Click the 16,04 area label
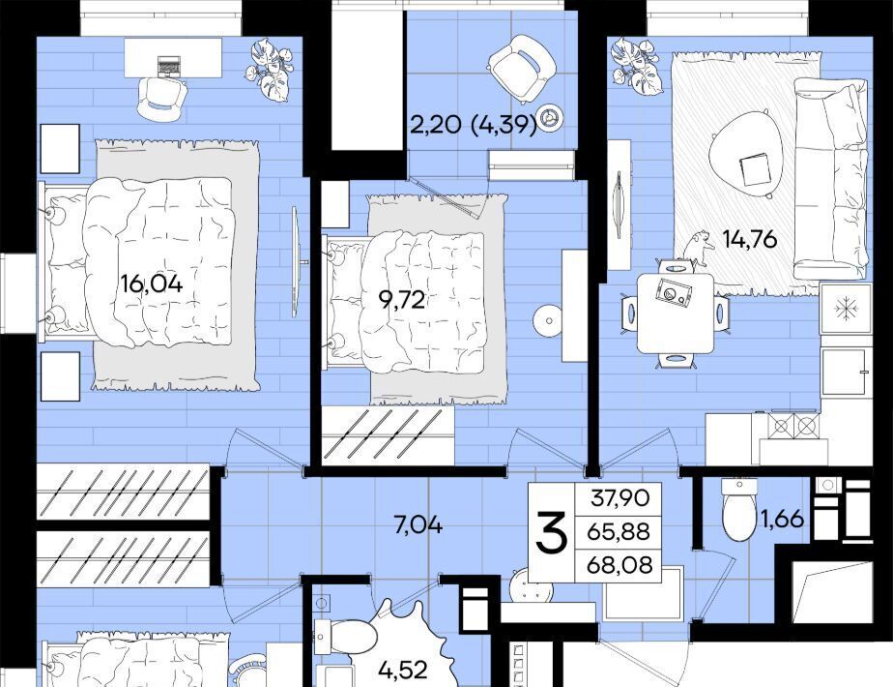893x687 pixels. pyautogui.click(x=152, y=284)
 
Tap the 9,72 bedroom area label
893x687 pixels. pyautogui.click(x=402, y=299)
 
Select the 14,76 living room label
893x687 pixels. pyautogui.click(x=750, y=239)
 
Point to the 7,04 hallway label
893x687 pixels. pyautogui.click(x=418, y=524)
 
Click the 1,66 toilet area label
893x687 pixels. pyautogui.click(x=783, y=519)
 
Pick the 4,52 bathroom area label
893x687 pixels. pyautogui.click(x=403, y=670)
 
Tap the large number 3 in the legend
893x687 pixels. pyautogui.click(x=551, y=532)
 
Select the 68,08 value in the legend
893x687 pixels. pyautogui.click(x=619, y=565)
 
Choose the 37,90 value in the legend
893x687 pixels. pyautogui.click(x=620, y=497)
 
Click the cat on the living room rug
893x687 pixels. pyautogui.click(x=698, y=249)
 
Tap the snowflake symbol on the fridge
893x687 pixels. pyautogui.click(x=846, y=309)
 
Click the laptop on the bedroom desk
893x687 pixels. pyautogui.click(x=167, y=66)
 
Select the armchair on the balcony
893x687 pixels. pyautogui.click(x=521, y=66)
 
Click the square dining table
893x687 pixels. pyautogui.click(x=676, y=313)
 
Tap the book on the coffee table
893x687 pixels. pyautogui.click(x=754, y=169)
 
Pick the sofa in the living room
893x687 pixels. pyautogui.click(x=830, y=178)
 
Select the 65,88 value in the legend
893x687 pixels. pyautogui.click(x=619, y=531)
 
